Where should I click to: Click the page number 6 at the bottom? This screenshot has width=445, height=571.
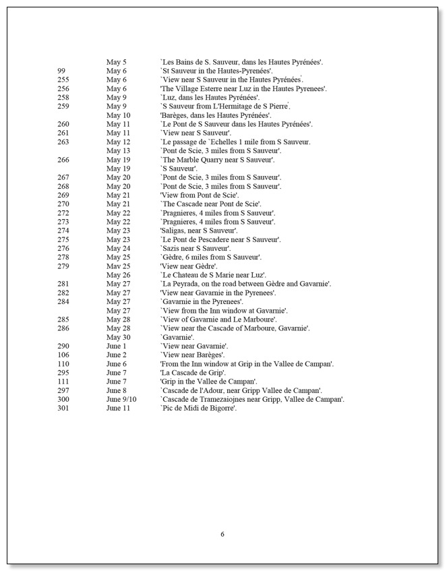[222, 535]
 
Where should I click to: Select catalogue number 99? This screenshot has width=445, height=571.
[61, 71]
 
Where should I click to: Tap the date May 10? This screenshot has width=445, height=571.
[118, 115]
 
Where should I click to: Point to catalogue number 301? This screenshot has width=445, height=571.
[63, 408]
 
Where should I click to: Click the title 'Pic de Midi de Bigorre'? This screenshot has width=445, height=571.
[198, 408]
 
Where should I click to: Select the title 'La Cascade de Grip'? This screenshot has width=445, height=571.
[193, 373]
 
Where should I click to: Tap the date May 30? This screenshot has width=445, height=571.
[118, 337]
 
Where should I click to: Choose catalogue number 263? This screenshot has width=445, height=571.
[63, 142]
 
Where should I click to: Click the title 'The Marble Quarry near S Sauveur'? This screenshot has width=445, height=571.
[217, 160]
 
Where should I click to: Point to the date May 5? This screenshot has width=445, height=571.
[116, 62]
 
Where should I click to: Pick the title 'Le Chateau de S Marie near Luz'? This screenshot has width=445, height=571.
[212, 275]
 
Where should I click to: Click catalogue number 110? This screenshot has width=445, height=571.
[63, 364]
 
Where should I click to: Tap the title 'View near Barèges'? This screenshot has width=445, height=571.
[193, 355]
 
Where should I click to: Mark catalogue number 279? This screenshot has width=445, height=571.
[63, 266]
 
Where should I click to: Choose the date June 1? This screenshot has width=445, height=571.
[116, 346]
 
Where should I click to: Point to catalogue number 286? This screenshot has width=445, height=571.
[63, 328]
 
